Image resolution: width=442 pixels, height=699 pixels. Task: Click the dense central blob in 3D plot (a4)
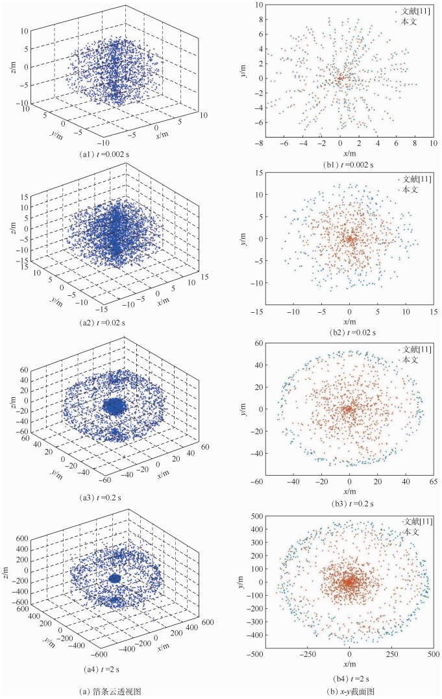coord(115,578)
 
